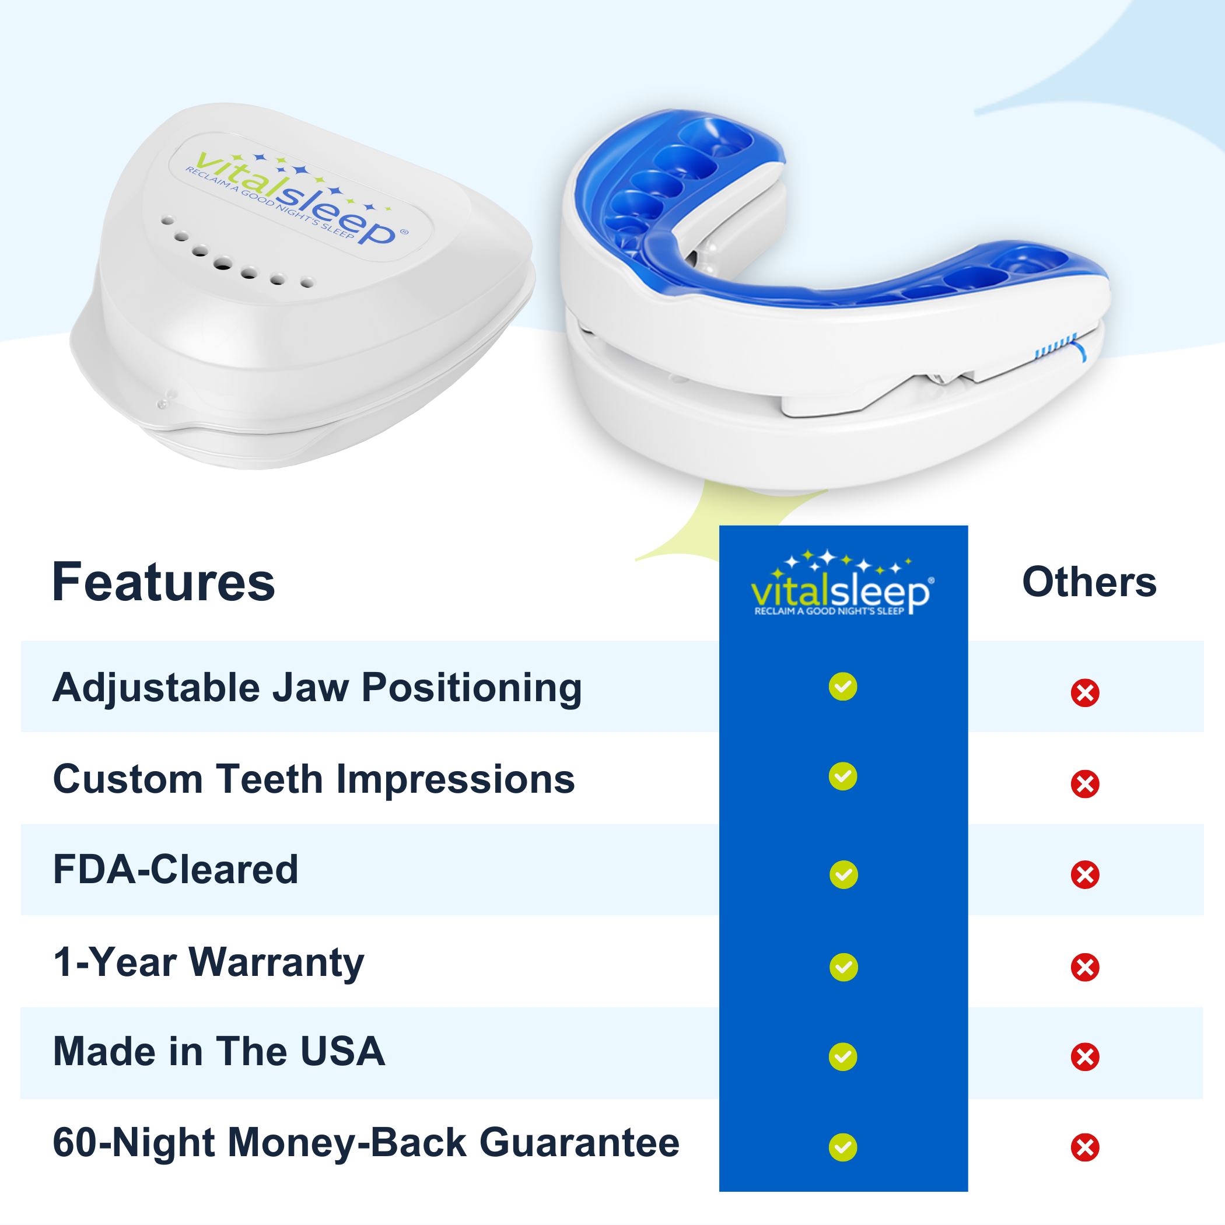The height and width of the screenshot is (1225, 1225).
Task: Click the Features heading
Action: point(163,582)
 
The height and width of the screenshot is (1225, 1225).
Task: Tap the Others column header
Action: point(1089,582)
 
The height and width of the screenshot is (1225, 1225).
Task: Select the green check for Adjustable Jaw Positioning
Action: point(843,687)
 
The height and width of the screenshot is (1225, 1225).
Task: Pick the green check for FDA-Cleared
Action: point(843,875)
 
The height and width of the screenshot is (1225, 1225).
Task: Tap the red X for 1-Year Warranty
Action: point(1085,967)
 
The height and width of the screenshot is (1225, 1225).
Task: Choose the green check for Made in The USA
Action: point(843,1057)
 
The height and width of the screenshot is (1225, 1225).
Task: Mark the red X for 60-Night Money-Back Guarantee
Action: point(1085,1147)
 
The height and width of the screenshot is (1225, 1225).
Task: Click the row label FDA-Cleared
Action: point(176,869)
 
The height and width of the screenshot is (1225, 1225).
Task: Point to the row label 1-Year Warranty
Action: point(209,963)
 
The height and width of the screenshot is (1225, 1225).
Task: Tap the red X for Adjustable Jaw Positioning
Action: point(1085,693)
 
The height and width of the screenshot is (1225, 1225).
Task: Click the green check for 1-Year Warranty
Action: point(843,967)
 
